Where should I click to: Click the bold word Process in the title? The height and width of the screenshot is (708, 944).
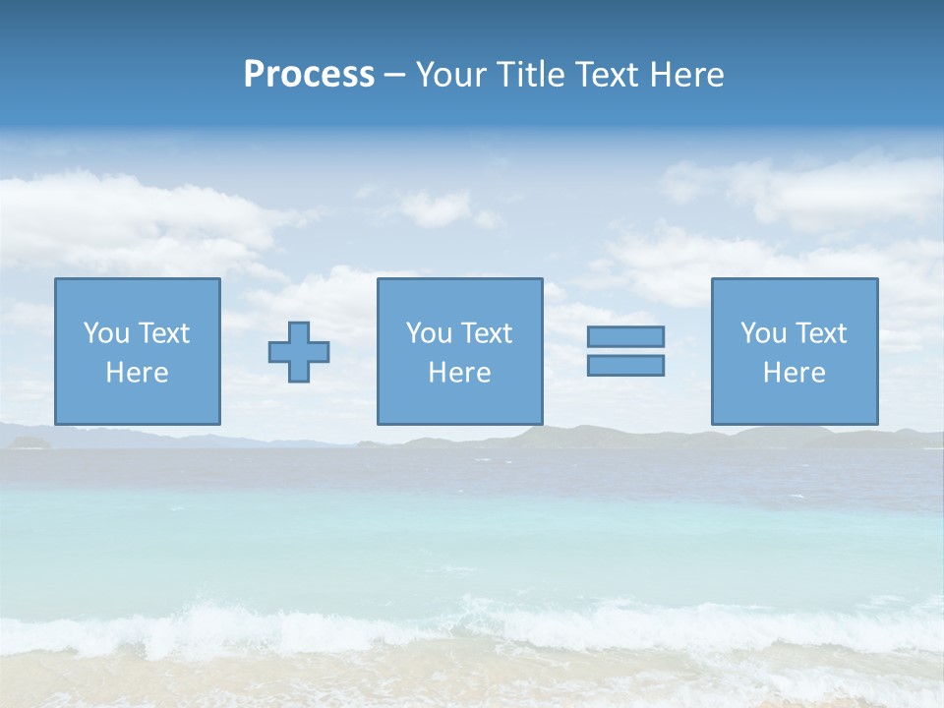(x=309, y=75)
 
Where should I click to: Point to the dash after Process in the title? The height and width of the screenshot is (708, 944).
(x=394, y=76)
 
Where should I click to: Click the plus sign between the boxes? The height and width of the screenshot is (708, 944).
(x=299, y=352)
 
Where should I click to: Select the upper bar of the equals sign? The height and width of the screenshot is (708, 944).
(x=625, y=337)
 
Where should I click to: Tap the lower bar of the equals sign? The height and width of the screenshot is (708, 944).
(x=625, y=365)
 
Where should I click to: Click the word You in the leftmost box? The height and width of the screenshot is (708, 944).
(x=106, y=333)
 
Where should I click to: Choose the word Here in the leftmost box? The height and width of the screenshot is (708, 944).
(x=138, y=373)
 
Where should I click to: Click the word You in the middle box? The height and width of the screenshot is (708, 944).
(x=429, y=333)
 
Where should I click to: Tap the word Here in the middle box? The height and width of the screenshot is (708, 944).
(x=460, y=373)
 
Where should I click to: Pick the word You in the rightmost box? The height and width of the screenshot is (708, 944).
(x=763, y=333)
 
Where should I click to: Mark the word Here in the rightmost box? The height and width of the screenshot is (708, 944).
(x=795, y=373)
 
